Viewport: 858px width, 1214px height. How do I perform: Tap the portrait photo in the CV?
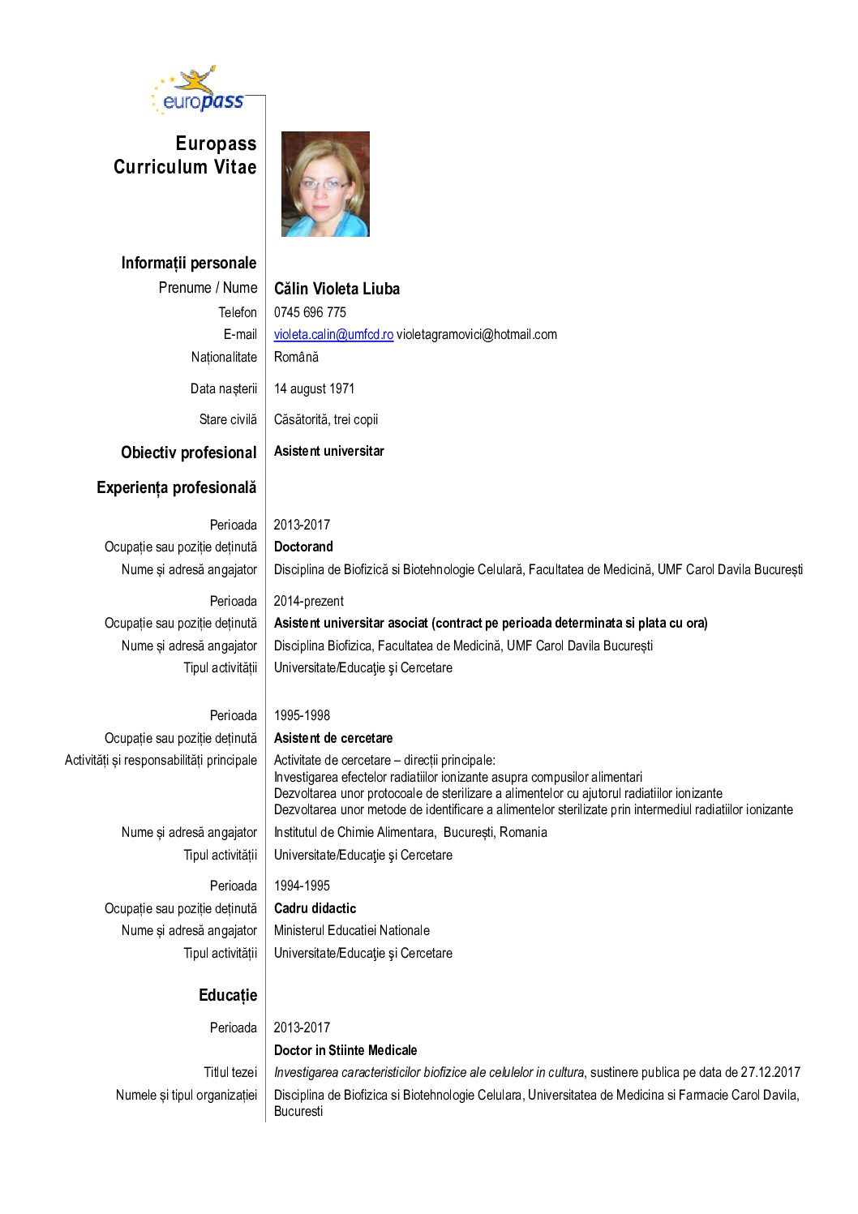point(325,184)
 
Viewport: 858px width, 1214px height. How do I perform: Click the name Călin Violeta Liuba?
point(337,289)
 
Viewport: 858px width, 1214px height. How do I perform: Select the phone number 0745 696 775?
point(310,312)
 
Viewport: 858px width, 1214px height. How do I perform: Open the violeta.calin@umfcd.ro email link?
point(333,334)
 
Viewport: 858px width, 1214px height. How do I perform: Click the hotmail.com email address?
point(477,334)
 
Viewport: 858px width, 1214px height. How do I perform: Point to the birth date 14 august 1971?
point(314,388)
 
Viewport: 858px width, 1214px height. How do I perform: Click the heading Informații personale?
point(188,263)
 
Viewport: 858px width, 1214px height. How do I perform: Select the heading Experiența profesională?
point(176,487)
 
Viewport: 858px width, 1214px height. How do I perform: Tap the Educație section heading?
point(227,995)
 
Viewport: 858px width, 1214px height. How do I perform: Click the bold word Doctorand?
point(303,547)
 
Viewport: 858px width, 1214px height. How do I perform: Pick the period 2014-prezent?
point(308,601)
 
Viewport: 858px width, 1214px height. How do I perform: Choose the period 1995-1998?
point(302,715)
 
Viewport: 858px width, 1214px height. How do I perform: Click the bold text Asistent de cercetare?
point(333,738)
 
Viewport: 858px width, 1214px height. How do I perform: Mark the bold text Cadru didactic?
point(315,908)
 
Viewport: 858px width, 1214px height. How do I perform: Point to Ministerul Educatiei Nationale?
point(351,930)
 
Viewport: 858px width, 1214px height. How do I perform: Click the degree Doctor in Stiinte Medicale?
point(345,1050)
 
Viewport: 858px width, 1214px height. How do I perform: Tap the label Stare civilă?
point(228,419)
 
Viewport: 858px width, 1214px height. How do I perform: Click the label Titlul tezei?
point(230,1072)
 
